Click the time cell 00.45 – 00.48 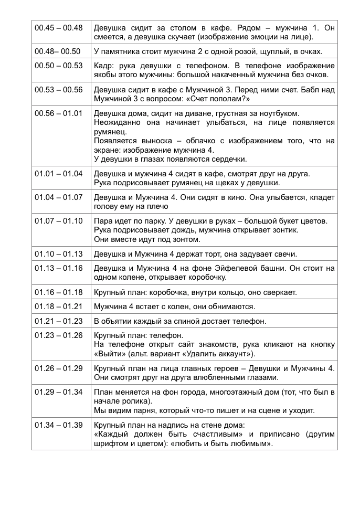pos(58,27)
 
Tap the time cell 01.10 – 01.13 pos(58,254)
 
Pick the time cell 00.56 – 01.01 pos(58,113)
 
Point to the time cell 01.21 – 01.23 pos(58,320)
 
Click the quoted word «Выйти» pos(108,354)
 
